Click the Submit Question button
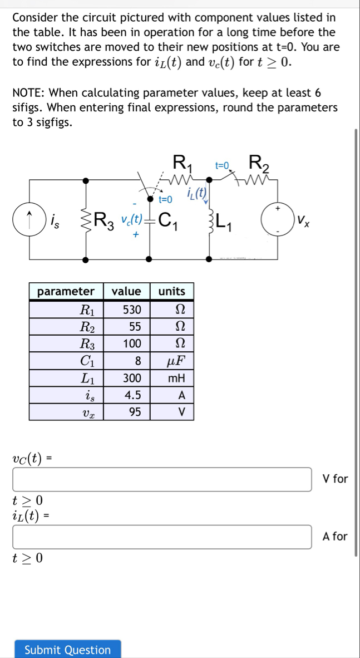coord(68,650)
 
